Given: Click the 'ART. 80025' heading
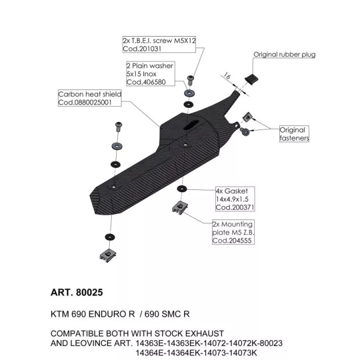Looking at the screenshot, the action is pos(77,293).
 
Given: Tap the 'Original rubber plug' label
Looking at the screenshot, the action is pos(285,55).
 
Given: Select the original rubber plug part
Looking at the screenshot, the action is pos(251,79).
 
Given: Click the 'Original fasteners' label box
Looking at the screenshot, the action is pos(294,134).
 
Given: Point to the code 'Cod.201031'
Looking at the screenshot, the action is pos(142,49).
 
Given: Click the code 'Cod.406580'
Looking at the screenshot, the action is pos(146,82).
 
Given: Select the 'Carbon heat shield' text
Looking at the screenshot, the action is pos(90,94).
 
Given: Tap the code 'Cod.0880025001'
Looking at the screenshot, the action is pos(85,102).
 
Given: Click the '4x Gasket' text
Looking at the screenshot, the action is pos(232,191).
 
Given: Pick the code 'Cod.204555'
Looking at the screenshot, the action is pos(232,240).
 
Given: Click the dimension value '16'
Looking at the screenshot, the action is pos(227,75).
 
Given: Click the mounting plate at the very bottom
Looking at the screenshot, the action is pos(107,255).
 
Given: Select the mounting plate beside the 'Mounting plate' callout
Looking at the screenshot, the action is pos(180,207).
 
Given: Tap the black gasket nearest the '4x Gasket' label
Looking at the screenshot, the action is pos(182,189).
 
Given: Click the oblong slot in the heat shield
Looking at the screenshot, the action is pos(191,124).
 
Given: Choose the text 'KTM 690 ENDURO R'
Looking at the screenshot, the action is pos(92,314).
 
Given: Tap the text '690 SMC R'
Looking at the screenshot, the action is pos(167,314).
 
